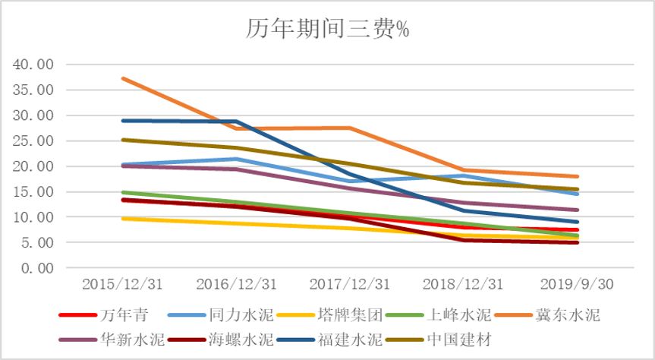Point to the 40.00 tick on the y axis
tap(34, 65)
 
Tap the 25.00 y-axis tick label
tap(34, 141)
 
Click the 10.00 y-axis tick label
tap(34, 217)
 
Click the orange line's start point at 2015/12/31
tap(123, 78)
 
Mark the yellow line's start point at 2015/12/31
tap(123, 219)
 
